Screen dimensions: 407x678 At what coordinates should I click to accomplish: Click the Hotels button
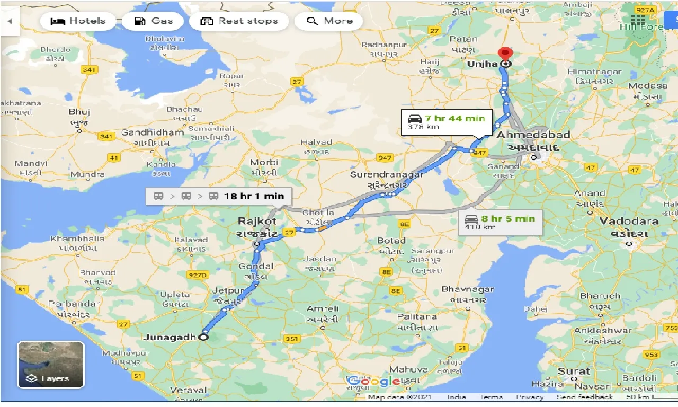tap(78, 21)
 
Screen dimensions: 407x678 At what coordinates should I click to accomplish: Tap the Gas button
tap(154, 21)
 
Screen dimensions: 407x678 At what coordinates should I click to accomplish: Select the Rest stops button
tap(239, 21)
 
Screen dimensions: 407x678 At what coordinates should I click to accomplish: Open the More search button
tap(329, 21)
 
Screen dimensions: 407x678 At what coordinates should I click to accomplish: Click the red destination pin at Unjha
tap(506, 55)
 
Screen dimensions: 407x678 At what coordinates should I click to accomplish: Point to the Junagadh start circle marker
tap(203, 337)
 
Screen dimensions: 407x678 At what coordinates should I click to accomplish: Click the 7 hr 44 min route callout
tap(447, 122)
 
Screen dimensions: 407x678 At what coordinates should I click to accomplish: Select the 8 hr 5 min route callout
tap(501, 222)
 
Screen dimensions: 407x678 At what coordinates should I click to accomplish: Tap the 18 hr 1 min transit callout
tap(218, 196)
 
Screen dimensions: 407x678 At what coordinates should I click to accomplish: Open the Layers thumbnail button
tap(51, 365)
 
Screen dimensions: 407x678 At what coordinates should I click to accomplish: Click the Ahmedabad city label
tap(533, 135)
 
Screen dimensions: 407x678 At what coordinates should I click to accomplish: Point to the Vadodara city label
tap(629, 221)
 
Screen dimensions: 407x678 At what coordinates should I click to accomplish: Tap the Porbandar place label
tap(73, 304)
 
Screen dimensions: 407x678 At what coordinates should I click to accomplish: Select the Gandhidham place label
tap(152, 132)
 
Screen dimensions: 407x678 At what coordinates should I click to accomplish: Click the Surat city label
tap(574, 371)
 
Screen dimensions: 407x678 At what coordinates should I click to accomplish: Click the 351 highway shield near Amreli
tap(292, 339)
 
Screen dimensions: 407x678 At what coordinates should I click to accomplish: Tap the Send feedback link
tap(585, 397)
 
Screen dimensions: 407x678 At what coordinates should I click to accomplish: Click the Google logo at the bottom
tap(373, 381)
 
